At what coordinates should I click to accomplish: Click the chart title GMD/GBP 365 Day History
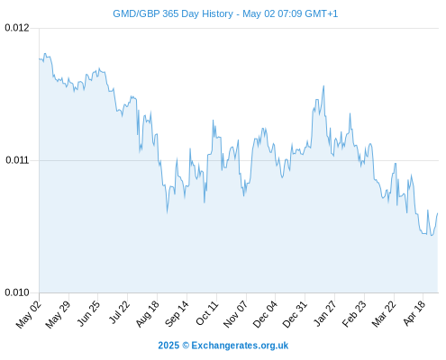pos(173,13)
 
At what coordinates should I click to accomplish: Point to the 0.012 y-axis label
pos(17,28)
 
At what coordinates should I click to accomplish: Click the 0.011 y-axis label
pos(17,160)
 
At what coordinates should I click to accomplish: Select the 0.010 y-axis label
pos(17,292)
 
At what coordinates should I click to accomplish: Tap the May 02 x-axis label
pos(29,314)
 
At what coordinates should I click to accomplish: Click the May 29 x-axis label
pos(58,314)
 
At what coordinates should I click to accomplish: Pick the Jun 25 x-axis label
pos(88,313)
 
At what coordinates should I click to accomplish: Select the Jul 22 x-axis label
pos(119,312)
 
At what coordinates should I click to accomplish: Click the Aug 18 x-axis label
pos(147,314)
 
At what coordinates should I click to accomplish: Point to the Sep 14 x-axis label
pos(177,314)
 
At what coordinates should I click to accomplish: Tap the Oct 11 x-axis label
pos(207,313)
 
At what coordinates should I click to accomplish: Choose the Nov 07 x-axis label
pos(236,314)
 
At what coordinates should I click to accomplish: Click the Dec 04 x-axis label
pos(265,314)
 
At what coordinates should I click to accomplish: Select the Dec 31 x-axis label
pos(295,314)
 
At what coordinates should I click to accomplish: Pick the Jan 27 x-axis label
pos(325,313)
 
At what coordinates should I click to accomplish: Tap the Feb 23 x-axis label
pos(354,314)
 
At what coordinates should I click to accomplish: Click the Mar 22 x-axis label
pos(384,314)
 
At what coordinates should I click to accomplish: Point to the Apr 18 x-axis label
pos(414,313)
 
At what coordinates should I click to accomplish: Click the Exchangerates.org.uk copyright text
pos(223,346)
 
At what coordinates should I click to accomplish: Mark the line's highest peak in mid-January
pos(323,85)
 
